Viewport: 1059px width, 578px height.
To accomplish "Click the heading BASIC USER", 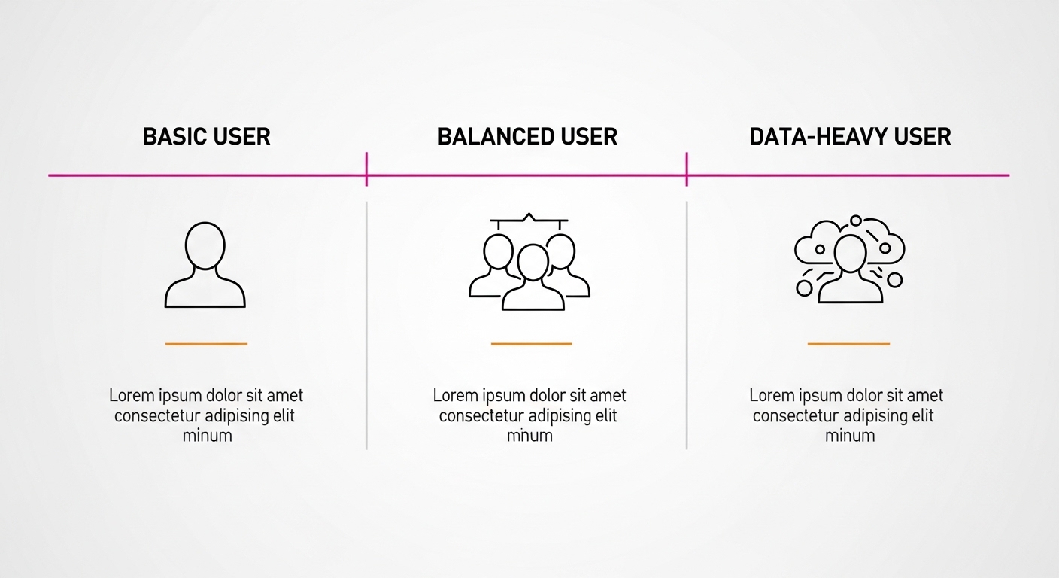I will click(206, 137).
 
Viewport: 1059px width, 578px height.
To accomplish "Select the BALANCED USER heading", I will click(527, 137).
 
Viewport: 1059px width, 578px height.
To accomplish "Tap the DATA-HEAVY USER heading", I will click(850, 137).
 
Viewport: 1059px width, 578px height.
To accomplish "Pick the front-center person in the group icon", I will click(533, 278).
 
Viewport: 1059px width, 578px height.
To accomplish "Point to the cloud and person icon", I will click(849, 260).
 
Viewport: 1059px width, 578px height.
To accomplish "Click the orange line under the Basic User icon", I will click(206, 344).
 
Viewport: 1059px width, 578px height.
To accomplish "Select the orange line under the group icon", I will click(531, 344).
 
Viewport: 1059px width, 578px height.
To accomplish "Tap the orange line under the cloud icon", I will click(848, 344).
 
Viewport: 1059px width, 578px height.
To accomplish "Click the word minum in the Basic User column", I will click(207, 436).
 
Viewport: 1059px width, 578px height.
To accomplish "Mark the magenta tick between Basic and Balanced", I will click(366, 169).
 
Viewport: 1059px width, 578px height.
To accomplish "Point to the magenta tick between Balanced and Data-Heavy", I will click(687, 169).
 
